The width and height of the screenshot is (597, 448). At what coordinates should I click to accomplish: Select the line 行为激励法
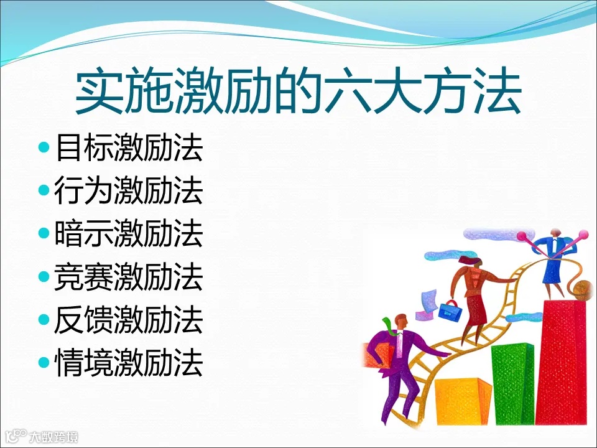129,192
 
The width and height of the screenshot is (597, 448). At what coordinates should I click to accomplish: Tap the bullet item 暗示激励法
129,234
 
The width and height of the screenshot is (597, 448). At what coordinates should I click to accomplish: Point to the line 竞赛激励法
129,277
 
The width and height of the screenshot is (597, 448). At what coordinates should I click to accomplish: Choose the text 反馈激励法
129,320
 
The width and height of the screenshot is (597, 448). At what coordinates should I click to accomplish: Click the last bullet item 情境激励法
129,362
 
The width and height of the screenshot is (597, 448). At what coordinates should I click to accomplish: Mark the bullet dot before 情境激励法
44,362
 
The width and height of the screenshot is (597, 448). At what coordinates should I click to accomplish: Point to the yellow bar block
463,401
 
